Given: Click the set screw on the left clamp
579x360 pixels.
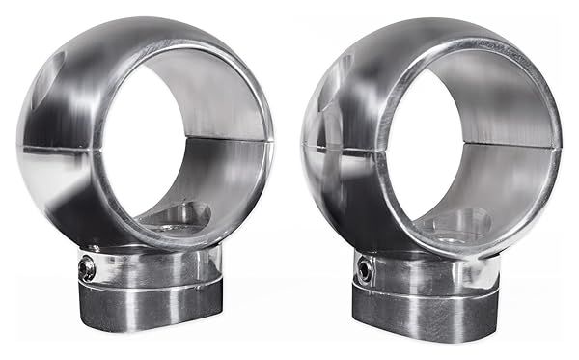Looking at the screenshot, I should click(x=88, y=269).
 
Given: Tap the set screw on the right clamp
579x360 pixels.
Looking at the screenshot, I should click(x=365, y=270).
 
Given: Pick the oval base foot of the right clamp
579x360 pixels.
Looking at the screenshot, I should click(x=424, y=309).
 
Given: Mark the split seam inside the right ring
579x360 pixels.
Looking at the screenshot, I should click(x=492, y=145).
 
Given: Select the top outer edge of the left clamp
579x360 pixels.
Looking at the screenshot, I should click(x=145, y=21).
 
